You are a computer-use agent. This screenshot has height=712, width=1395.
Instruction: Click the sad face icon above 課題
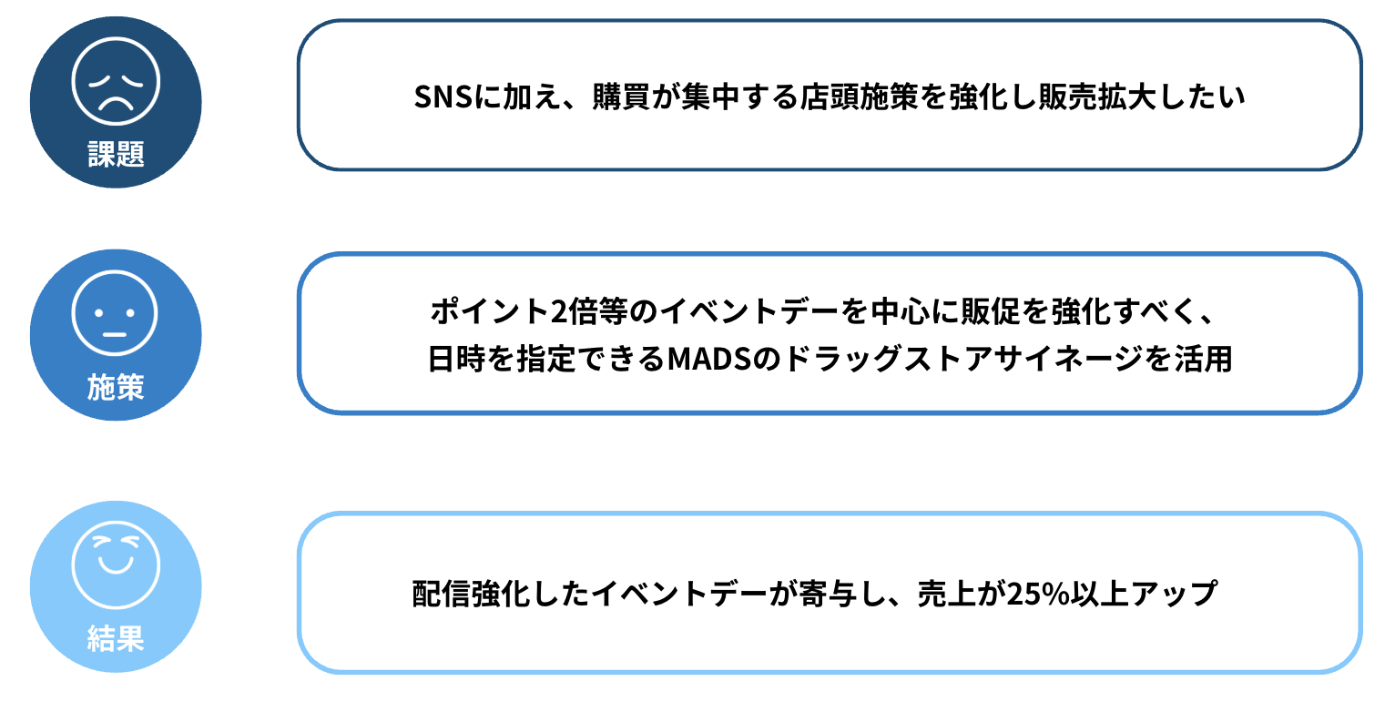click(116, 81)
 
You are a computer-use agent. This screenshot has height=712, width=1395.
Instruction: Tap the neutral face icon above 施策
click(116, 312)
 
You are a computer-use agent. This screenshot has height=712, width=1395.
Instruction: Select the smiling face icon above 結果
click(116, 565)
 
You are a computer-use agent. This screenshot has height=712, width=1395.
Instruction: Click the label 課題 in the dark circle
click(116, 154)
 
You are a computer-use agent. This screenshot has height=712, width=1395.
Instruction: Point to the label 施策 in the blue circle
click(116, 387)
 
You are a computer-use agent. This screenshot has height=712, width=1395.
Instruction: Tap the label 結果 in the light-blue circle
click(116, 638)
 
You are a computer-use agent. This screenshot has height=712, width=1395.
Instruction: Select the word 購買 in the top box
click(621, 97)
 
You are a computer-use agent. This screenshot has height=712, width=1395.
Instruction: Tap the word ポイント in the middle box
click(490, 310)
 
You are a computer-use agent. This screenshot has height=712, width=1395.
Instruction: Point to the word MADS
click(708, 360)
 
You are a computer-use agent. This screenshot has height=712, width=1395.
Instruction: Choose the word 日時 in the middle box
click(456, 359)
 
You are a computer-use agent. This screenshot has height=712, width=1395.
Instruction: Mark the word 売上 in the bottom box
click(946, 594)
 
